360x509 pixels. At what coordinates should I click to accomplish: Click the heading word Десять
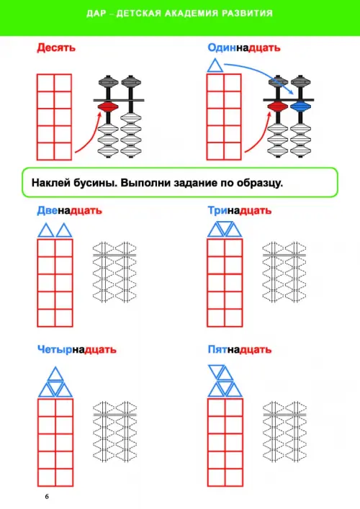(x=56, y=48)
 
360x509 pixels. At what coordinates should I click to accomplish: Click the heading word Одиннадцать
(x=244, y=48)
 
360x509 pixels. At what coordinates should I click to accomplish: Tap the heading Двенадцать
(x=69, y=211)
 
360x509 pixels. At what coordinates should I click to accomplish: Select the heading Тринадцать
(x=240, y=211)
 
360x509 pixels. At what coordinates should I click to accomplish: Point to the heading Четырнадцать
(x=76, y=350)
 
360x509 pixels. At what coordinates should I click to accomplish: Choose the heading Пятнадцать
(x=240, y=350)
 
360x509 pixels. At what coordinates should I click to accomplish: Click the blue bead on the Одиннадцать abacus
(x=300, y=106)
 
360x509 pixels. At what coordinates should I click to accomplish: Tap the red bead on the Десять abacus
(x=108, y=107)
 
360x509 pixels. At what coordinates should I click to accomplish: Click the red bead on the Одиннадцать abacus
(x=277, y=106)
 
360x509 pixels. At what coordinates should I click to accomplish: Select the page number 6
(x=47, y=497)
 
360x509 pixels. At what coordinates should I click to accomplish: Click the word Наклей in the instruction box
(x=50, y=183)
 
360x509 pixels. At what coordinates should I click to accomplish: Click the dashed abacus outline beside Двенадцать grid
(x=114, y=271)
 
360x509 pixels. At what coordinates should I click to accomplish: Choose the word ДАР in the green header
(x=96, y=13)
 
